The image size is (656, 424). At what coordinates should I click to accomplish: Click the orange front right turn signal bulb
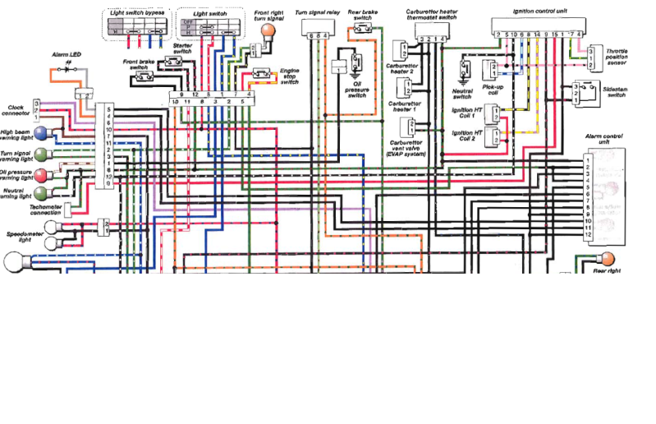[266, 31]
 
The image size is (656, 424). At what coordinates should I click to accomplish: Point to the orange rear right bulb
[608, 258]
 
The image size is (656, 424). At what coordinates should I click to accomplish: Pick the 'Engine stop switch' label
[290, 76]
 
